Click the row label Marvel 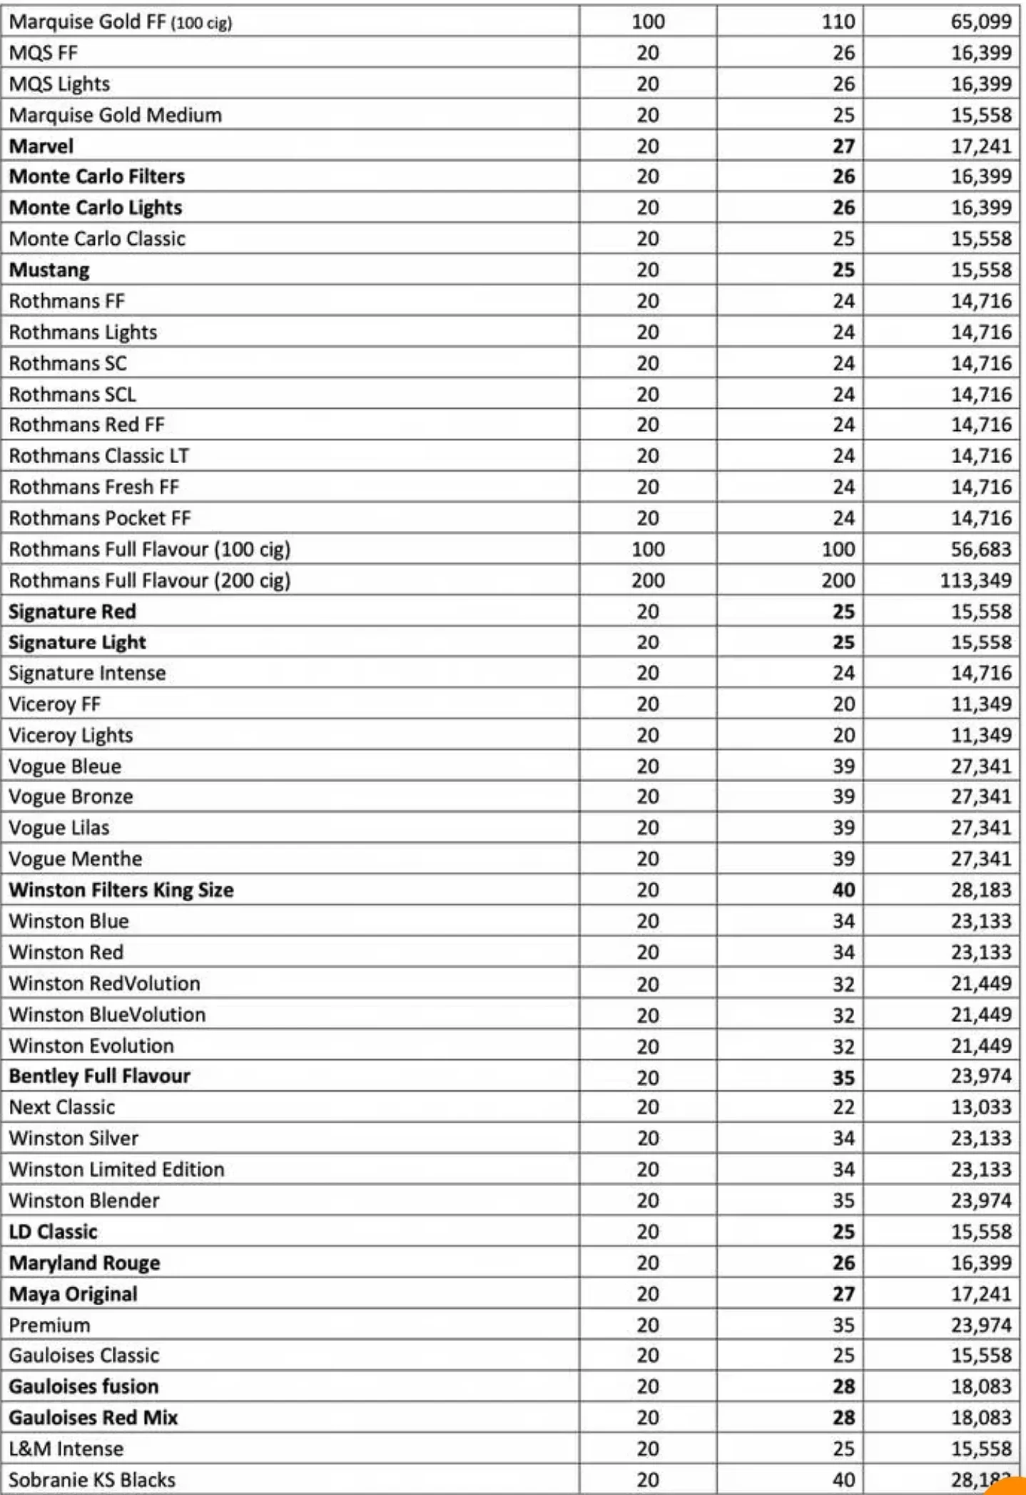coord(41,146)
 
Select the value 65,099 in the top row coord(980,21)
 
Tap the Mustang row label coord(49,270)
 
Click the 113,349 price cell coord(975,580)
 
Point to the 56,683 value coord(980,549)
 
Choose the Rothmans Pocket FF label coord(100,517)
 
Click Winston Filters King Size coord(121,890)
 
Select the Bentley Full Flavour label coord(100,1075)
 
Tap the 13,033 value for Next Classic coord(980,1107)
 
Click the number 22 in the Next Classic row coord(843,1107)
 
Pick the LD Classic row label coord(54,1231)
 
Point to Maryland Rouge coord(85,1262)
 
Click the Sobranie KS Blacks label coord(92,1479)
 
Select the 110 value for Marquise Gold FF coord(838,21)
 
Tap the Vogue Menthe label coord(76,858)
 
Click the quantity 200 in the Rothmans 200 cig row coord(648,580)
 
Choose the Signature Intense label coord(87,672)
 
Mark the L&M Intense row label coord(66,1448)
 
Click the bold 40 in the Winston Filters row coord(843,890)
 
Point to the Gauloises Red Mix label coord(93,1417)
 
